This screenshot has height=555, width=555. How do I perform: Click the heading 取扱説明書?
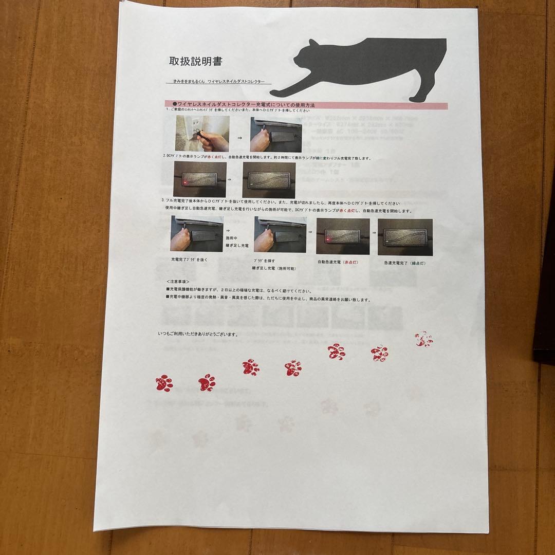coord(196,62)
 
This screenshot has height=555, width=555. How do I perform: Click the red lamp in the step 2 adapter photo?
coord(183,181)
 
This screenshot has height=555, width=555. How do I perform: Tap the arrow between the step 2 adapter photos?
coord(229,180)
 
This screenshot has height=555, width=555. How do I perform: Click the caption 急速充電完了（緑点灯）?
coord(404,263)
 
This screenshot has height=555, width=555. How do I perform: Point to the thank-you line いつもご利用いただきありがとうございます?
coord(198,334)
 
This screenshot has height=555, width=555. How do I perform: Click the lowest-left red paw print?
coord(164,383)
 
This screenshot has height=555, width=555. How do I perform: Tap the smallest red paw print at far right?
coord(424,339)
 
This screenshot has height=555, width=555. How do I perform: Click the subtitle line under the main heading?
coord(219,82)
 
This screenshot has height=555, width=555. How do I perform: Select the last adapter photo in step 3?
coord(405,237)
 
